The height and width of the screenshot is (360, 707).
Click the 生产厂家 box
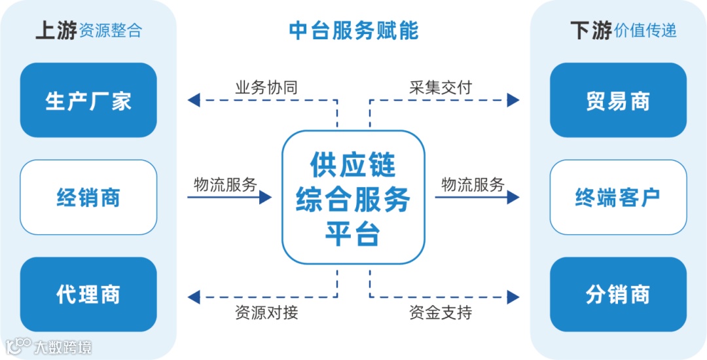click(88, 100)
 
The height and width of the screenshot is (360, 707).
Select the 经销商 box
click(88, 197)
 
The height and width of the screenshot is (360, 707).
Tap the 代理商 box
click(88, 294)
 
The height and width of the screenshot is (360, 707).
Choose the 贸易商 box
click(618, 100)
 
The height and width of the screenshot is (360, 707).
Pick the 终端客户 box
click(618, 197)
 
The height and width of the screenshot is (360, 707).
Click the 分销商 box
click(618, 294)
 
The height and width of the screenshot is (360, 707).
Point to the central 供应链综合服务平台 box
click(353, 198)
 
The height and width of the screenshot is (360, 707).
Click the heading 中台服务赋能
click(353, 31)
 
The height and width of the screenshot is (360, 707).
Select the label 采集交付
click(441, 87)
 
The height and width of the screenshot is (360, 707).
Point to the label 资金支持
click(441, 312)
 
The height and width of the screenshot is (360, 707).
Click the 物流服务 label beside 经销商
click(225, 185)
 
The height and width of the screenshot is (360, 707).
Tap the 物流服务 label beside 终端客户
click(473, 185)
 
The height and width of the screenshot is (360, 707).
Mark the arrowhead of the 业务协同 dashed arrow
click(193, 100)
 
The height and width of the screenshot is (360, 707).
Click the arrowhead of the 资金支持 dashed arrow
click(513, 297)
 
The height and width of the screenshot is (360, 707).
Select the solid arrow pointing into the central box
click(229, 197)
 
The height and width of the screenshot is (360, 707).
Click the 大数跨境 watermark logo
click(49, 346)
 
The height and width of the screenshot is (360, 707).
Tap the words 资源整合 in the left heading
click(110, 31)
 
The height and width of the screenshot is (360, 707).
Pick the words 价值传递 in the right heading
click(645, 31)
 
